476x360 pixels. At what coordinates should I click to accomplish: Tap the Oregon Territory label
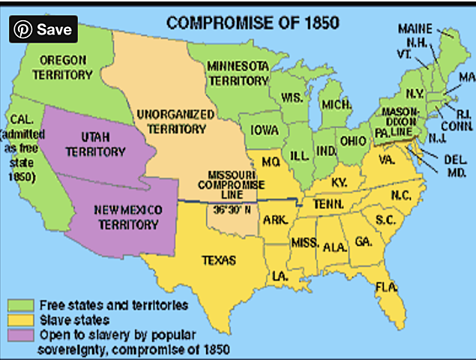coord(64,67)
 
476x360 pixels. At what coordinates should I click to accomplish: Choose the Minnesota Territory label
coord(239,72)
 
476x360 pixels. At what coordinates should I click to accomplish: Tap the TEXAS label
coord(218,260)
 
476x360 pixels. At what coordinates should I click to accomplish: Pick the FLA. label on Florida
coord(387,286)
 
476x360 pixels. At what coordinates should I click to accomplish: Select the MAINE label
coord(415,29)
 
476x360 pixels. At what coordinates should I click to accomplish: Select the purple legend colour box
coord(19,334)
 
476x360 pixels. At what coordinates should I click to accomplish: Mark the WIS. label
coord(292,97)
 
